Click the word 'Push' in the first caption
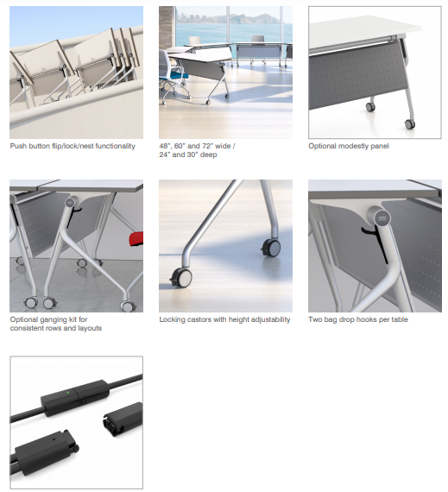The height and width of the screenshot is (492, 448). [x=18, y=146]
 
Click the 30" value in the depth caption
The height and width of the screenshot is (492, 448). [x=194, y=155]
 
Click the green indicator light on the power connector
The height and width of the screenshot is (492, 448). [x=68, y=392]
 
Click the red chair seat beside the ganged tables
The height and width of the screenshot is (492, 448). [x=136, y=239]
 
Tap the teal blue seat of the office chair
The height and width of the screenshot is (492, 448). [x=178, y=76]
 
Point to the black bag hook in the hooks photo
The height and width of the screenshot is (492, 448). [x=375, y=241]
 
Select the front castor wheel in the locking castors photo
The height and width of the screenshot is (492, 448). [x=181, y=278]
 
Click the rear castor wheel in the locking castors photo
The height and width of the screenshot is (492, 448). [x=271, y=248]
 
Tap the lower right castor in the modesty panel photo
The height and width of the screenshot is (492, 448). [x=409, y=124]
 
